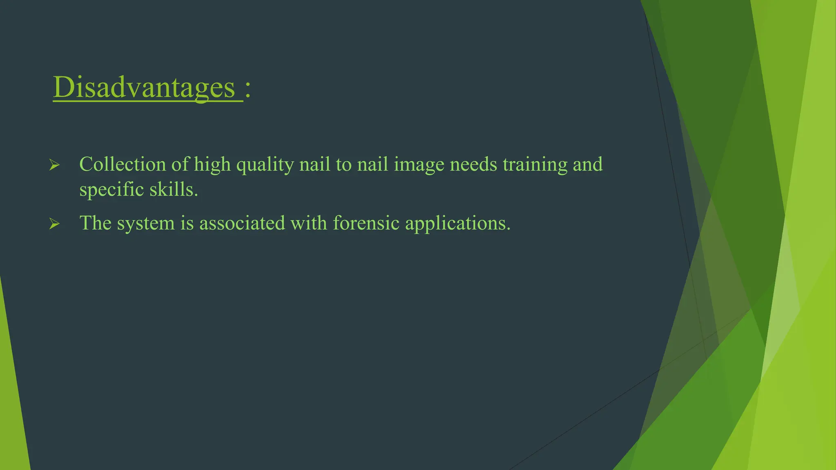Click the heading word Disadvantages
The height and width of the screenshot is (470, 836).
[x=144, y=87]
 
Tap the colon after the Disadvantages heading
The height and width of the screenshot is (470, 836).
[x=248, y=89]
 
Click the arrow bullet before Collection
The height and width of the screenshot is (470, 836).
[x=54, y=165]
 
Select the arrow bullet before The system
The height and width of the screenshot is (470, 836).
[x=54, y=224]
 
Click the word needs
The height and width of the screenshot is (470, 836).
[x=473, y=164]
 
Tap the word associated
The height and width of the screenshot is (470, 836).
[x=242, y=223]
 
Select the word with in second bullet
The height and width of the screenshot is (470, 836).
[x=309, y=223]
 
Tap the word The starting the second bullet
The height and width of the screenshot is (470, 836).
[x=95, y=223]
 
